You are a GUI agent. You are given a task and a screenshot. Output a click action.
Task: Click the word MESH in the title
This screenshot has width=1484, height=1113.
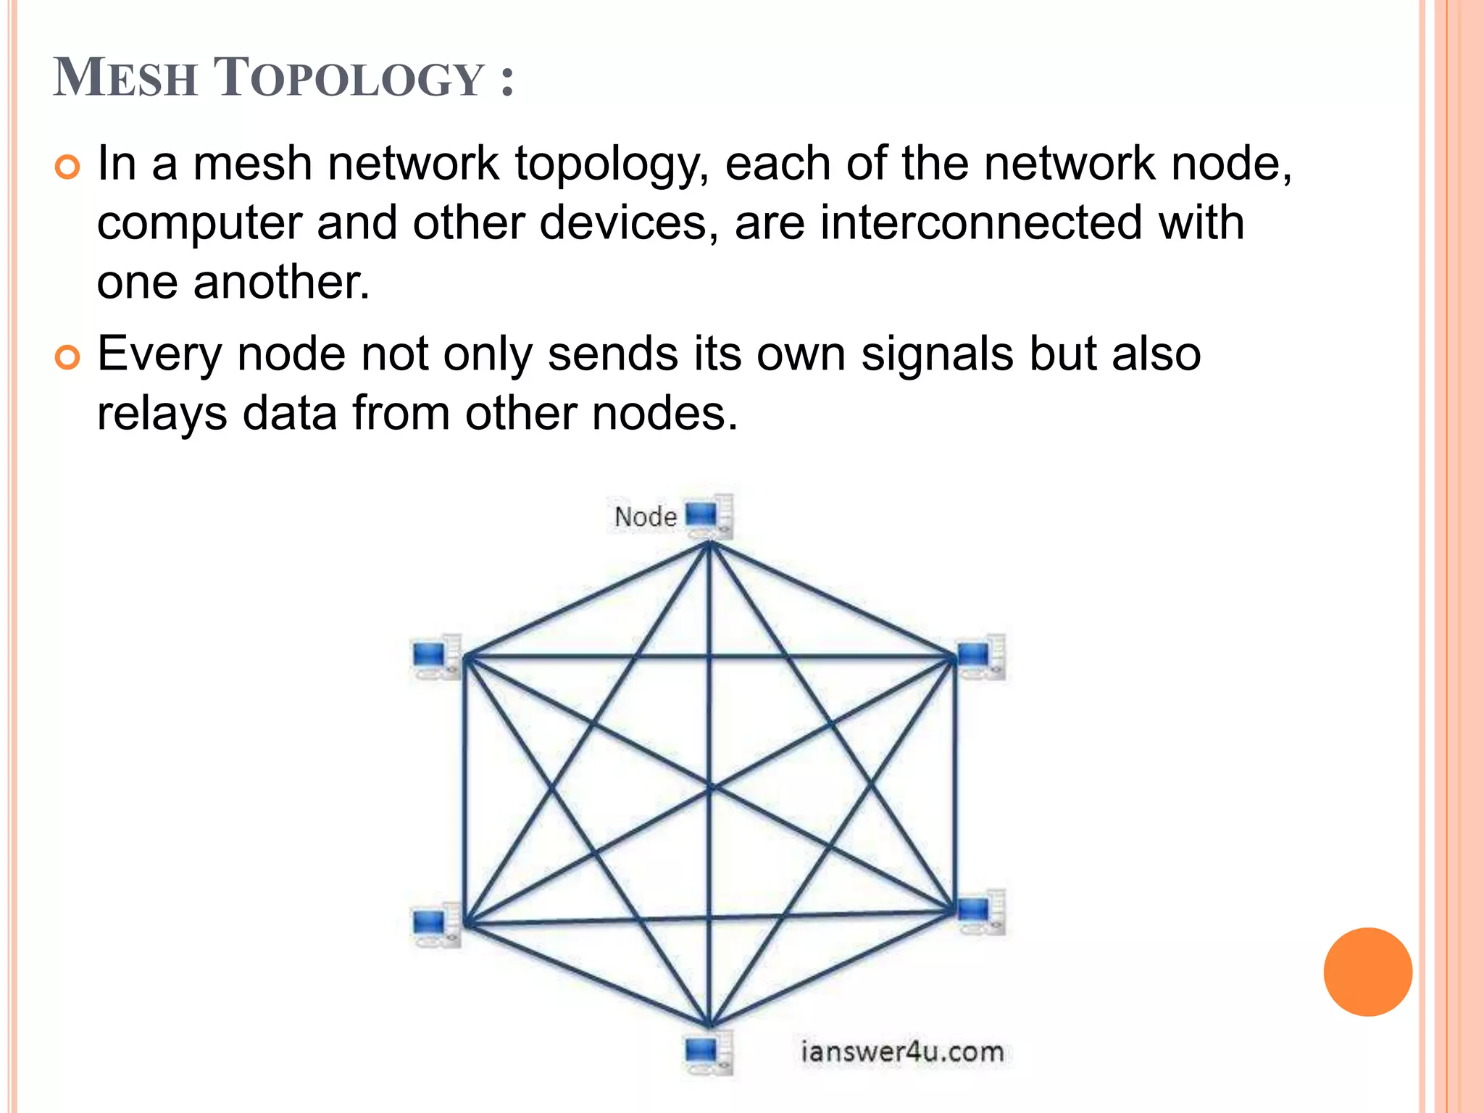tap(125, 78)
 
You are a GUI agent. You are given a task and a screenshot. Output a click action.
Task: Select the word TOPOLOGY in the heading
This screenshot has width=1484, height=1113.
tap(349, 78)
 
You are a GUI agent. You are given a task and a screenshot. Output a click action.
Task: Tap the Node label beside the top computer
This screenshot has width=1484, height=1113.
tap(645, 517)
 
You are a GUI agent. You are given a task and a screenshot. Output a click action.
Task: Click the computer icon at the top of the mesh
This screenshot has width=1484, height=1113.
tap(709, 517)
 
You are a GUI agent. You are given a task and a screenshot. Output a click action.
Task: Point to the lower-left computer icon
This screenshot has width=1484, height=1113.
tap(435, 925)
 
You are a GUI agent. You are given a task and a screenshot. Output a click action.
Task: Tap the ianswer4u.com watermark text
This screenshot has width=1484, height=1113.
tap(902, 1052)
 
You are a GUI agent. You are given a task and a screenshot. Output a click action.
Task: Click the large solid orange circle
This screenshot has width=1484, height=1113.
tap(1367, 972)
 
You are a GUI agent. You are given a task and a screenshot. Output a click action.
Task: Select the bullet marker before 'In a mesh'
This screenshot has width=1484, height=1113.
tap(67, 168)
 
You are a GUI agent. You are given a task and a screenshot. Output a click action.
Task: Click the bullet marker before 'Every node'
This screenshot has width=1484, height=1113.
tap(67, 358)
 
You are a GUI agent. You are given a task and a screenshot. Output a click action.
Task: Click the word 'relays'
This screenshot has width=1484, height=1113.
tap(162, 414)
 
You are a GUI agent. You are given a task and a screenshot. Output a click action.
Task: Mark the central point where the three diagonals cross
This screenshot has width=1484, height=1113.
tap(710, 787)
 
